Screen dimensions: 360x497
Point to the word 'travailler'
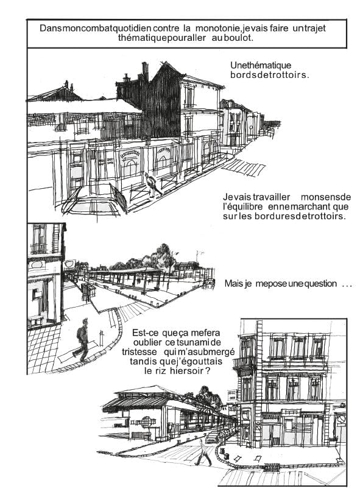coord(271,197)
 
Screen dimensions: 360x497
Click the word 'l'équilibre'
coord(243,206)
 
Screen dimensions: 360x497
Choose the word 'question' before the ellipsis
coord(320,284)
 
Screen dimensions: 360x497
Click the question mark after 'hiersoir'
coord(207,371)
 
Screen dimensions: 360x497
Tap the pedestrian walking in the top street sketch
coord(153,185)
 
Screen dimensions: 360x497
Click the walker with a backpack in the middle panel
coord(82,339)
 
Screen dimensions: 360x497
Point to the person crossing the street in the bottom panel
coord(203,452)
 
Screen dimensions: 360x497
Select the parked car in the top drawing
coord(92,200)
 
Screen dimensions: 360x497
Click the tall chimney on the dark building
coord(145,71)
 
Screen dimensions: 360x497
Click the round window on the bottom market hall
coord(146,422)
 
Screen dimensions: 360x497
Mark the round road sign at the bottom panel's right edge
coord(341,419)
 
